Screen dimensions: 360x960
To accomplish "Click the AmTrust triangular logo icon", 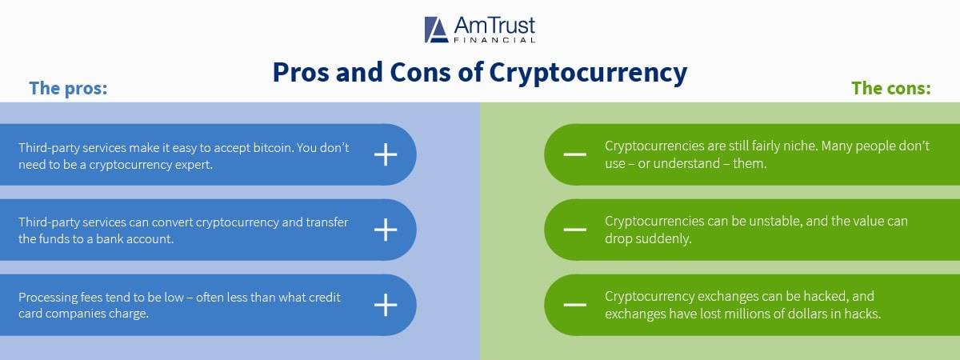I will (436, 29).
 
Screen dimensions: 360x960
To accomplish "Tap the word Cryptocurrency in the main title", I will (588, 73).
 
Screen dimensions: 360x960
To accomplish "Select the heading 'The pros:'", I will (68, 88).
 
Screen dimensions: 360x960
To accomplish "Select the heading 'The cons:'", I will (891, 88).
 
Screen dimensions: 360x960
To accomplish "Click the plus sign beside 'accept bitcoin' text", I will (386, 154).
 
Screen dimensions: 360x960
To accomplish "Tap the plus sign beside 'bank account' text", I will (386, 230).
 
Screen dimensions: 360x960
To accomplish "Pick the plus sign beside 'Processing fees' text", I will (386, 305).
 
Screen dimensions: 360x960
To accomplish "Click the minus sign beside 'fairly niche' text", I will (574, 154).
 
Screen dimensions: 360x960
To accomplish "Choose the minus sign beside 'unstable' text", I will (574, 230).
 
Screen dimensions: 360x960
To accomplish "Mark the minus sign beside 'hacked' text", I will (574, 305).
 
